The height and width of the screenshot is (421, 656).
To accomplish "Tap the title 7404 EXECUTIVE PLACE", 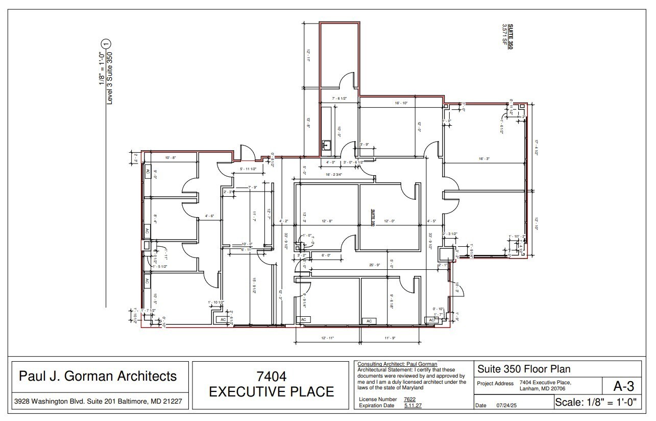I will pos(272,384).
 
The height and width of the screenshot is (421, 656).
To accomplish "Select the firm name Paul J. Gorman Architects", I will pos(98,377).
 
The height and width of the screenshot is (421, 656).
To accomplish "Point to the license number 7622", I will pos(409,399).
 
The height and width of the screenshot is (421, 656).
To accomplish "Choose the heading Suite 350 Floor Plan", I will pos(524,369).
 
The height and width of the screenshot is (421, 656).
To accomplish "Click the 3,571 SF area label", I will pos(504,36).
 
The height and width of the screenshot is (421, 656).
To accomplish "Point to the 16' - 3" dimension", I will pos(484,159).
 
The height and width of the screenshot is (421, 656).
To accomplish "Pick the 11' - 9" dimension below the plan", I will pos(390,338).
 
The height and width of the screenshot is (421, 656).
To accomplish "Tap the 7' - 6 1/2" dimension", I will pos(339,99).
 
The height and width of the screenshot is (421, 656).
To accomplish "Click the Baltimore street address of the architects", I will pos(98,401).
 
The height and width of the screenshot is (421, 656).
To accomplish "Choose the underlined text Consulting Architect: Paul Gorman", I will pos(397,364).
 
